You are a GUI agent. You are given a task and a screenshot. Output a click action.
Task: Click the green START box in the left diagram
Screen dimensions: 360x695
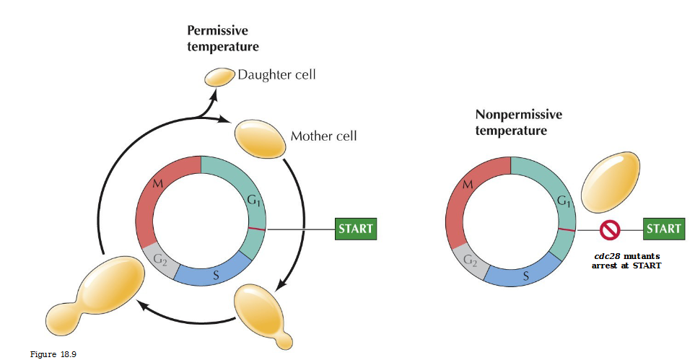pyautogui.click(x=356, y=229)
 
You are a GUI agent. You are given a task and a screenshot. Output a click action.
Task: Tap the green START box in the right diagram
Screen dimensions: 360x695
pyautogui.click(x=663, y=229)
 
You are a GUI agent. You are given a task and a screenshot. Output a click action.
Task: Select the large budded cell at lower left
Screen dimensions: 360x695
pyautogui.click(x=82, y=297)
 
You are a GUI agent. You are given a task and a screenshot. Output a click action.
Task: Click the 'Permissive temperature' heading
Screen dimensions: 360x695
pyautogui.click(x=223, y=38)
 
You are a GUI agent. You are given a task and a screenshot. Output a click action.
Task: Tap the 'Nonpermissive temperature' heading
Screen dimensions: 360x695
pyautogui.click(x=518, y=123)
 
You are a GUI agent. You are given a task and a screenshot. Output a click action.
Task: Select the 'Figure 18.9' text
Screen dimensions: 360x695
pyautogui.click(x=53, y=354)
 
